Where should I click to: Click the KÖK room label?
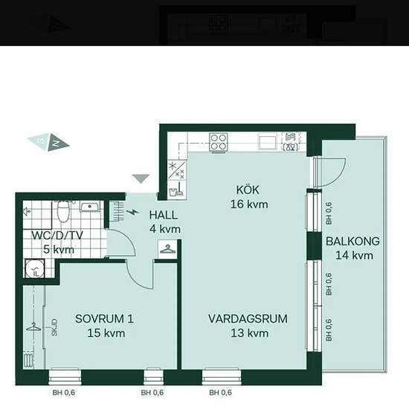point(248,190)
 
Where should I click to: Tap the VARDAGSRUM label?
point(248,319)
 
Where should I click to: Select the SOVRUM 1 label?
point(104,319)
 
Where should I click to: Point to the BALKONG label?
point(352,241)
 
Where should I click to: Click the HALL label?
point(164,215)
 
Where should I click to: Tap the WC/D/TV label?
point(57,235)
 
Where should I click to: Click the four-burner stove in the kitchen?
point(219,142)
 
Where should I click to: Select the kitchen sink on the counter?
point(268,142)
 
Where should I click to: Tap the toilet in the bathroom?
point(63,211)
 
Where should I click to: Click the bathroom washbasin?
point(90,206)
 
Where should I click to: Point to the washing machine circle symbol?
point(35,268)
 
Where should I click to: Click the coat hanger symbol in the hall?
point(167,249)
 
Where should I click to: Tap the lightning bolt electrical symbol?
point(132,212)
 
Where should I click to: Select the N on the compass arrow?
point(57,143)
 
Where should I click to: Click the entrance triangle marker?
point(141,178)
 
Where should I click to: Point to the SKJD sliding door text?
point(54,327)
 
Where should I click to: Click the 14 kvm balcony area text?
point(354,255)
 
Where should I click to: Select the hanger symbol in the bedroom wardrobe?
point(33,326)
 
